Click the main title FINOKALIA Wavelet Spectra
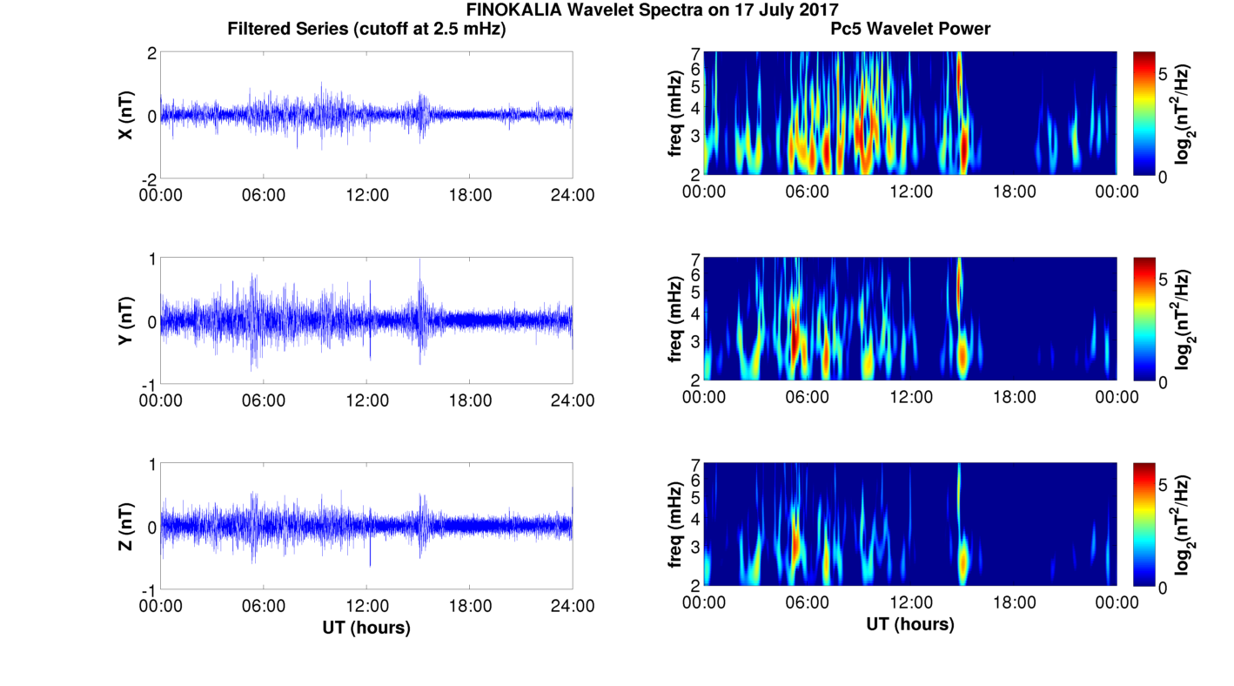pos(652,10)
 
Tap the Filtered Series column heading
pos(366,30)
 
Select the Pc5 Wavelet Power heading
pos(909,30)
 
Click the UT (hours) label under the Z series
pos(366,627)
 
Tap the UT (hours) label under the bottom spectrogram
pos(909,624)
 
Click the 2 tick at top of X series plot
pos(151,53)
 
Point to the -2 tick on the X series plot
pos(148,178)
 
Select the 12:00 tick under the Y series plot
pos(366,400)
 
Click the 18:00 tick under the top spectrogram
pos(1014,192)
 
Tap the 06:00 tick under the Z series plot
pos(264,606)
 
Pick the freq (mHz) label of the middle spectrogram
pos(675,319)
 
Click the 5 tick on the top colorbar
pos(1164,76)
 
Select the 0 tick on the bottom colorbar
pos(1164,588)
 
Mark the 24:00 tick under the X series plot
pos(572,195)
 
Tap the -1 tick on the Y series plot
pos(148,384)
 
